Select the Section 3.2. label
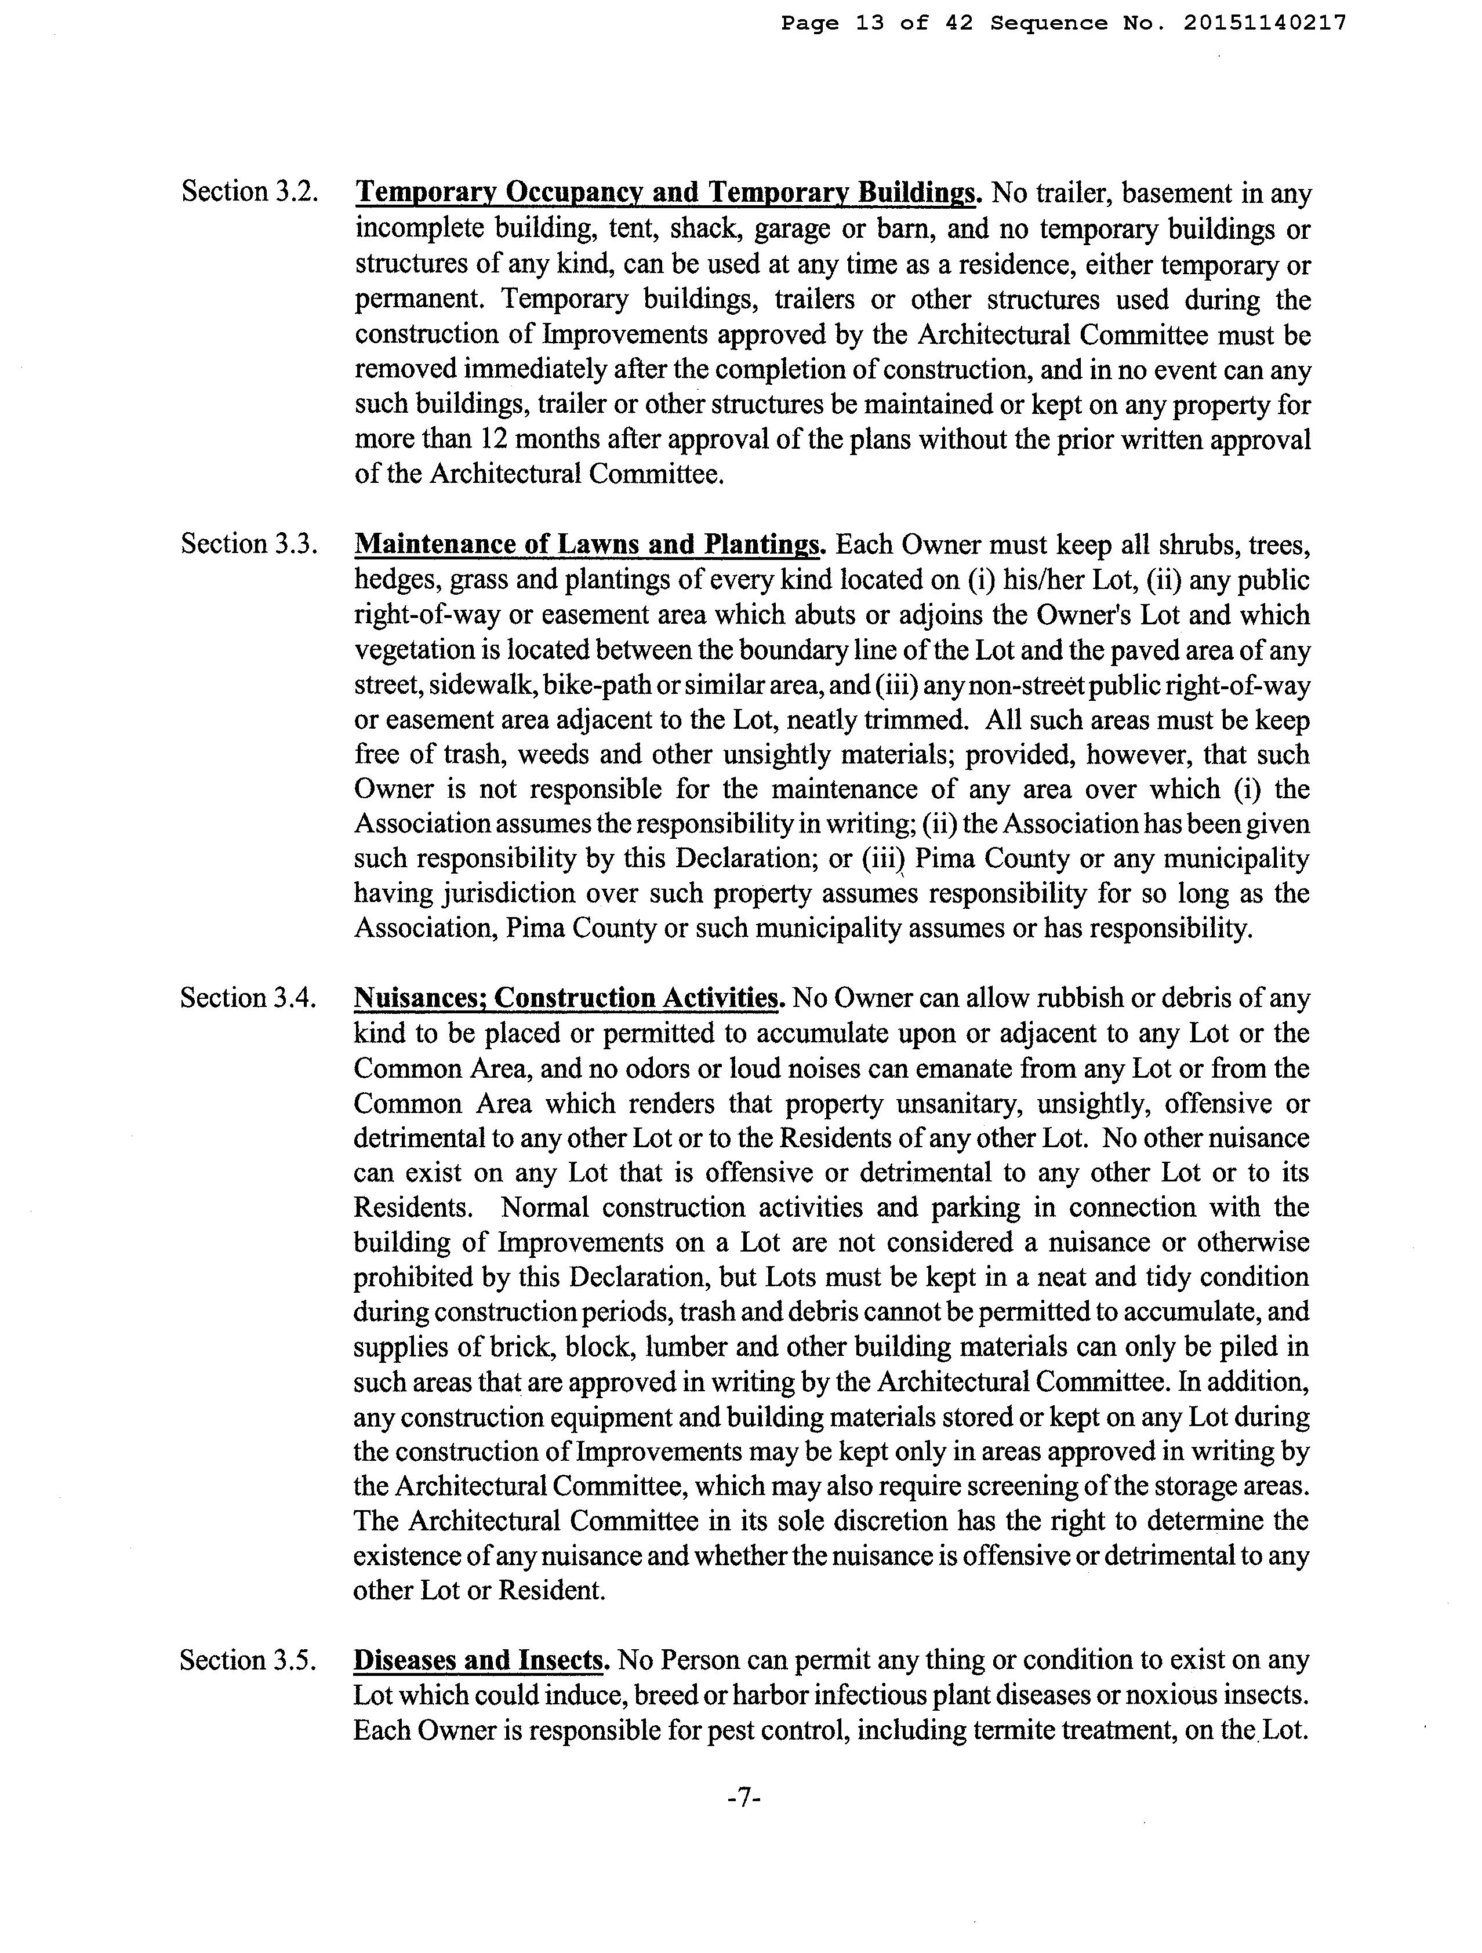coord(249,192)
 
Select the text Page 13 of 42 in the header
coord(876,24)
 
